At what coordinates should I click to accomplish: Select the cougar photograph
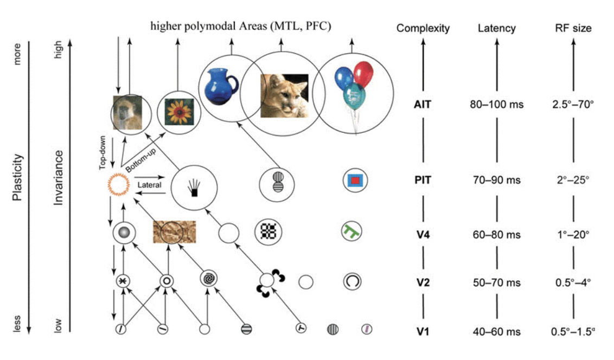tap(284, 95)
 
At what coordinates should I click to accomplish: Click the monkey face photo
tap(127, 112)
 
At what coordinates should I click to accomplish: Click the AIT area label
tap(423, 104)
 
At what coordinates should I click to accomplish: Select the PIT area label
tap(423, 179)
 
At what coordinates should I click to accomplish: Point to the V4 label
tap(423, 235)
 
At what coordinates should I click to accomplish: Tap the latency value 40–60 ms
tap(496, 331)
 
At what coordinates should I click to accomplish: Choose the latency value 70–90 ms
tap(496, 179)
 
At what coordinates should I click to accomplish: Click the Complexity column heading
tap(423, 28)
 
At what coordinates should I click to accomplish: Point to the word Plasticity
tap(17, 177)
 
